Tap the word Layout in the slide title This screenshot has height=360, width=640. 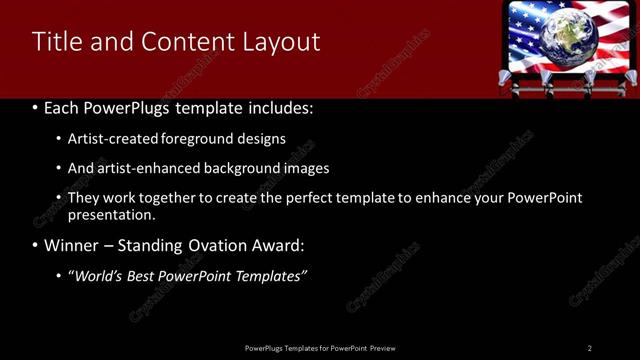click(x=284, y=42)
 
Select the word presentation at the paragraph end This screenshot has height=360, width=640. click(x=111, y=214)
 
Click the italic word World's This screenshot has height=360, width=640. click(x=99, y=276)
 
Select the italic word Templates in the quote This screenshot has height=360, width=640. click(x=272, y=276)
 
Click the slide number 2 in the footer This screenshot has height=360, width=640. click(x=590, y=348)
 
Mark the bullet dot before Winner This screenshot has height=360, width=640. click(x=36, y=245)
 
